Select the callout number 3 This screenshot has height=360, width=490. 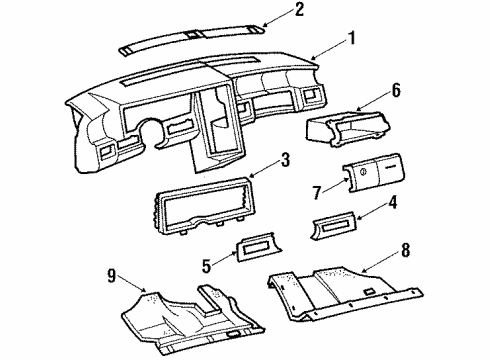pyautogui.click(x=285, y=158)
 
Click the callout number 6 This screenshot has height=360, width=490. pyautogui.click(x=396, y=90)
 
